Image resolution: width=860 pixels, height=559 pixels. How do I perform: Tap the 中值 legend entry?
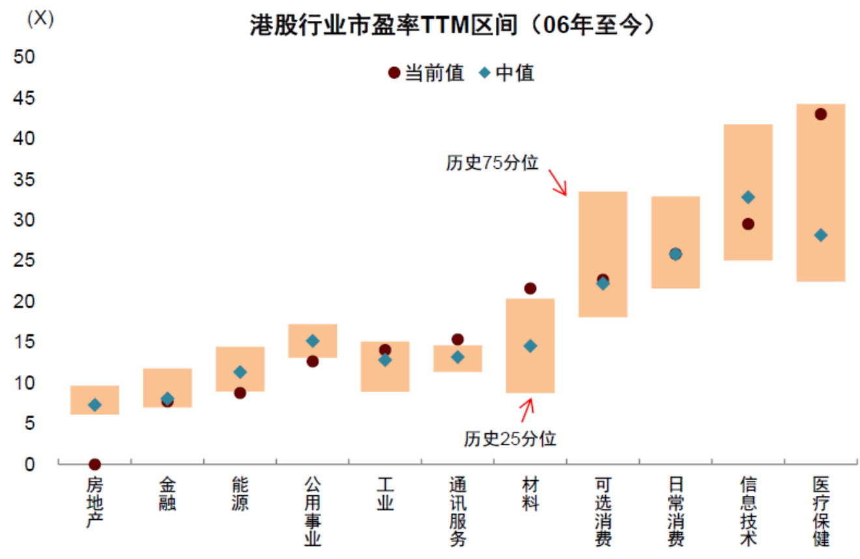[x=508, y=73]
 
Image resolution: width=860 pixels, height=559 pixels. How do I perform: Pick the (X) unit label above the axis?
[x=40, y=18]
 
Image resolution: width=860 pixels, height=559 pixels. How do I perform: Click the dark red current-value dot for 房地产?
[x=94, y=465]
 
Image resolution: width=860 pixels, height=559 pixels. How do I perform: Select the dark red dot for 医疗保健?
[x=821, y=115]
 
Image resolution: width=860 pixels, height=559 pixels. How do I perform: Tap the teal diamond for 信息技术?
[x=748, y=197]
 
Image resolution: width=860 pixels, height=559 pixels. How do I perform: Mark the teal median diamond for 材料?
[x=530, y=346]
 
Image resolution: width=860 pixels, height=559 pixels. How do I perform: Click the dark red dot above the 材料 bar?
[x=530, y=289]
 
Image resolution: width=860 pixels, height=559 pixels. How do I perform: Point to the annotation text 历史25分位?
[x=510, y=438]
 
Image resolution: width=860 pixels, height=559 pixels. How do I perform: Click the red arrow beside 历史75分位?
[x=558, y=182]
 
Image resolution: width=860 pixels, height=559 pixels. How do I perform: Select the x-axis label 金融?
[x=167, y=494]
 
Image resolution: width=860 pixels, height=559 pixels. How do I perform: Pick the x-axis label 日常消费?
[x=676, y=511]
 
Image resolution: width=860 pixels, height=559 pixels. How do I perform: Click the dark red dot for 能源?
[x=240, y=393]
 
